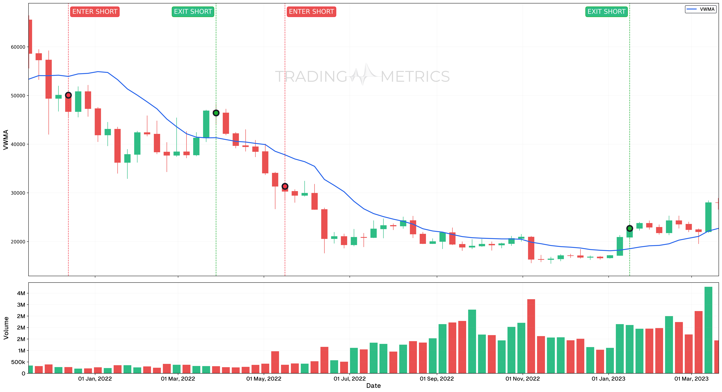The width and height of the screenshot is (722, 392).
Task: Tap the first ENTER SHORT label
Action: [x=95, y=12]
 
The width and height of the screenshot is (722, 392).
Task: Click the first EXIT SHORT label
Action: [x=193, y=12]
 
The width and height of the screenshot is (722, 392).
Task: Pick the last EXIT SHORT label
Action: [x=606, y=12]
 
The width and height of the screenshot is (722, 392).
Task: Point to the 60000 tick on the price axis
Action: [x=18, y=47]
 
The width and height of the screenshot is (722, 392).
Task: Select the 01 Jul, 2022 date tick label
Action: [x=349, y=379]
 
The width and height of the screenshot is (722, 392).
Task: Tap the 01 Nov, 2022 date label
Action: [x=522, y=379]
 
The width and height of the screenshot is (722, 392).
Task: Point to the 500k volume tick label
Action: [x=18, y=362]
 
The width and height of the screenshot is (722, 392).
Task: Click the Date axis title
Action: [x=373, y=386]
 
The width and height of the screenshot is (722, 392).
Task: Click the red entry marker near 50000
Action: [x=68, y=95]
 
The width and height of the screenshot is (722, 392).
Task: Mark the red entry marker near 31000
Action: [x=285, y=186]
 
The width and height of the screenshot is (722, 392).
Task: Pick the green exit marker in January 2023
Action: [x=629, y=228]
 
